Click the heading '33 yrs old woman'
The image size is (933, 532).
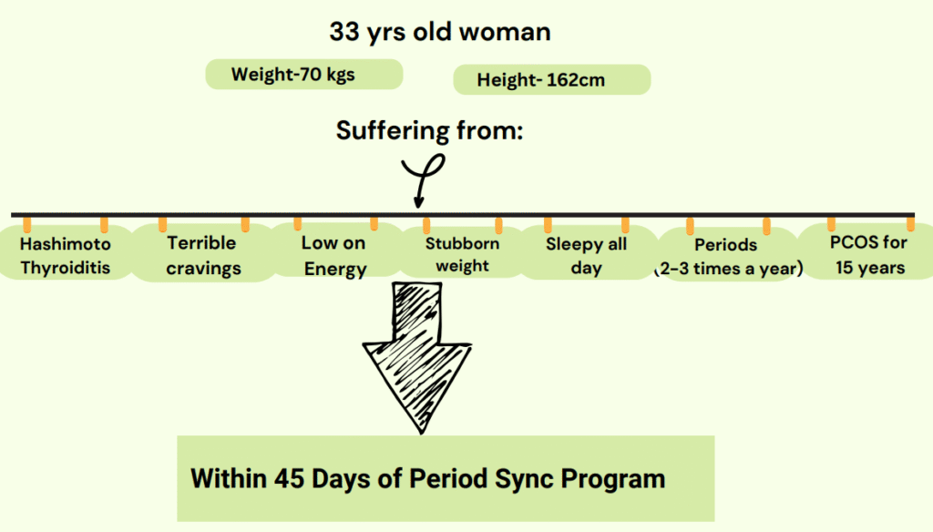440,32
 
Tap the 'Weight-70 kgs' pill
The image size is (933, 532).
304,75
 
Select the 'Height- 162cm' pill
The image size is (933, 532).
551,80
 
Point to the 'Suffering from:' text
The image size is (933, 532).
429,130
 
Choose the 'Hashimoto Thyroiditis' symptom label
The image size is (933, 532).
66,255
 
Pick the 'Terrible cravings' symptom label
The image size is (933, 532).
203,255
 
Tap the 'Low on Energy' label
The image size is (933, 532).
333,255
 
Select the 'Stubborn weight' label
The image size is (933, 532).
462,255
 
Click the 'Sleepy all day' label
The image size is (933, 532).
586,255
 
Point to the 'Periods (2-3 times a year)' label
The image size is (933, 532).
728,257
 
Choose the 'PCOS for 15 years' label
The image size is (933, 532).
868,255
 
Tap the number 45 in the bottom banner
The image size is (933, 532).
289,478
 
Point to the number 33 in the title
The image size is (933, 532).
343,32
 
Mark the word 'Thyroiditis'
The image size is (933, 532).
66,267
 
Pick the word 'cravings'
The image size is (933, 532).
203,269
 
